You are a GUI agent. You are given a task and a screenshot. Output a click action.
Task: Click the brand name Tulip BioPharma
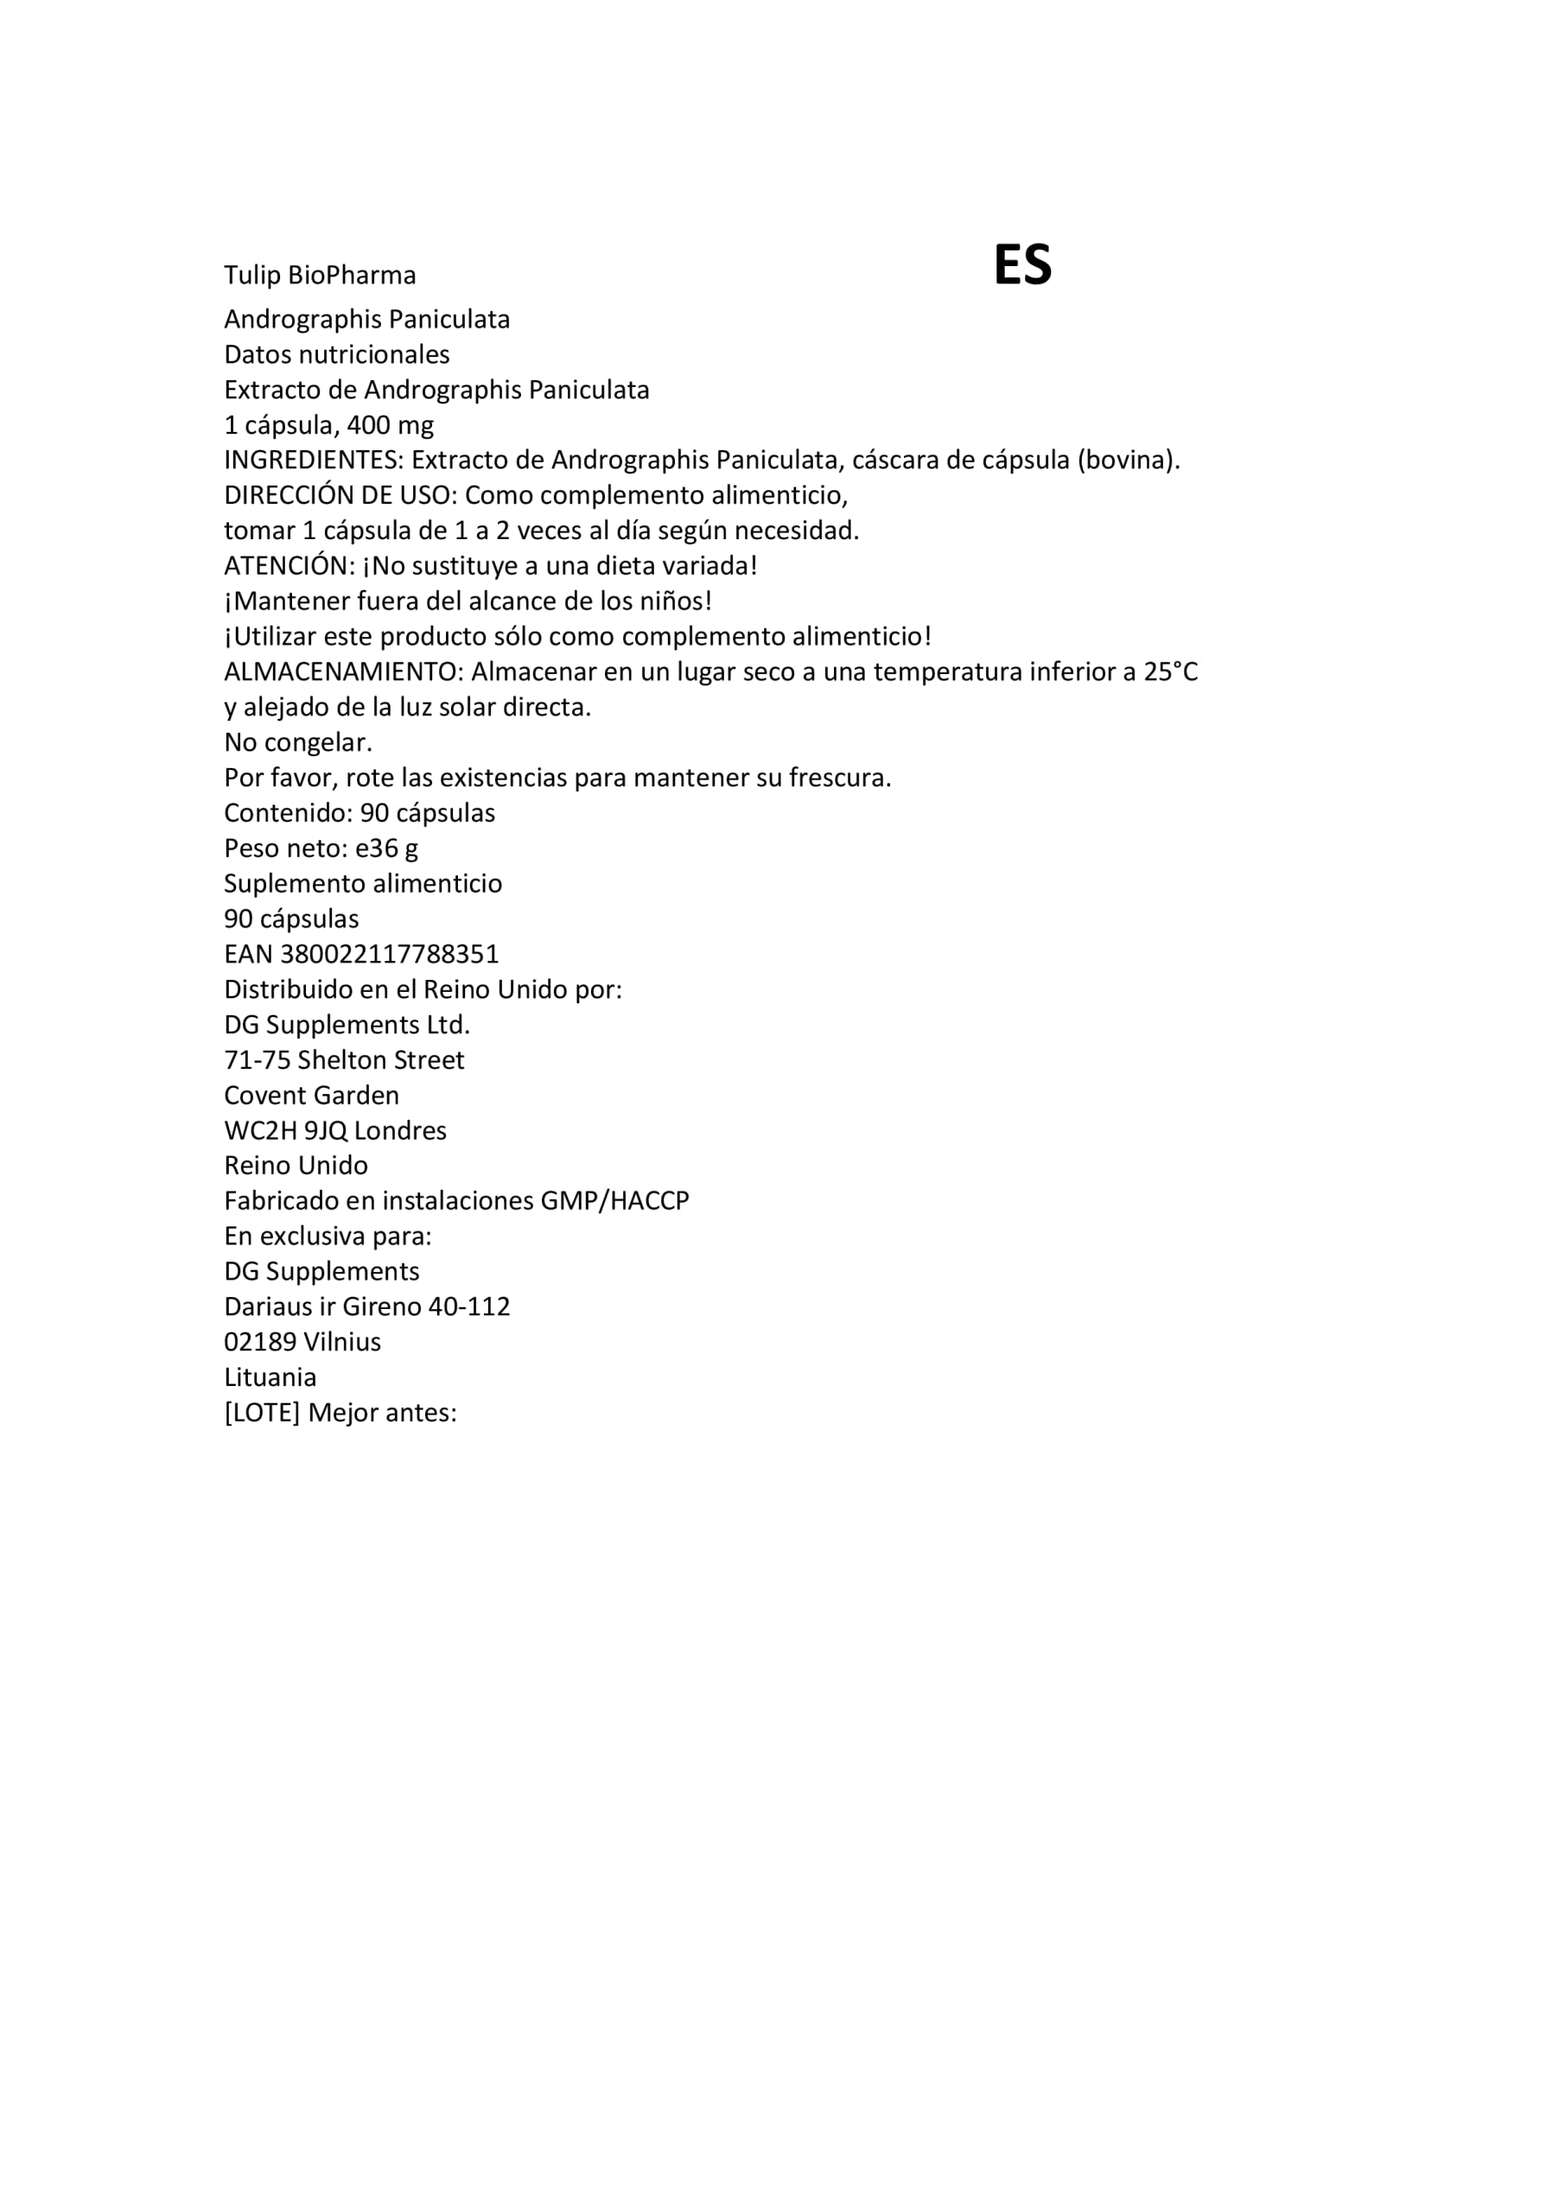click(320, 276)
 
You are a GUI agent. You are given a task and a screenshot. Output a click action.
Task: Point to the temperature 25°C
click(1171, 671)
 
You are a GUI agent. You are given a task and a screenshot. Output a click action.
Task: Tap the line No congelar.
click(298, 743)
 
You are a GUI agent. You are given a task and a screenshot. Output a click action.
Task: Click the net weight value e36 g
click(386, 849)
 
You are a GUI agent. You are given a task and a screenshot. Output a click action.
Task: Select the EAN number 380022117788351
click(390, 955)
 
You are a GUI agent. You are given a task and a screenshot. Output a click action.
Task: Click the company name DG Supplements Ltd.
click(347, 1025)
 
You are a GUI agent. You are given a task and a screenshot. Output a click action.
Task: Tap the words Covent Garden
click(311, 1096)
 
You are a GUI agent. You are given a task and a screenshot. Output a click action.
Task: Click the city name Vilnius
click(342, 1342)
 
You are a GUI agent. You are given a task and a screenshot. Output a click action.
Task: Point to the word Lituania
click(270, 1377)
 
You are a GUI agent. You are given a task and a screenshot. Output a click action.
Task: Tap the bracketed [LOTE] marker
click(262, 1414)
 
